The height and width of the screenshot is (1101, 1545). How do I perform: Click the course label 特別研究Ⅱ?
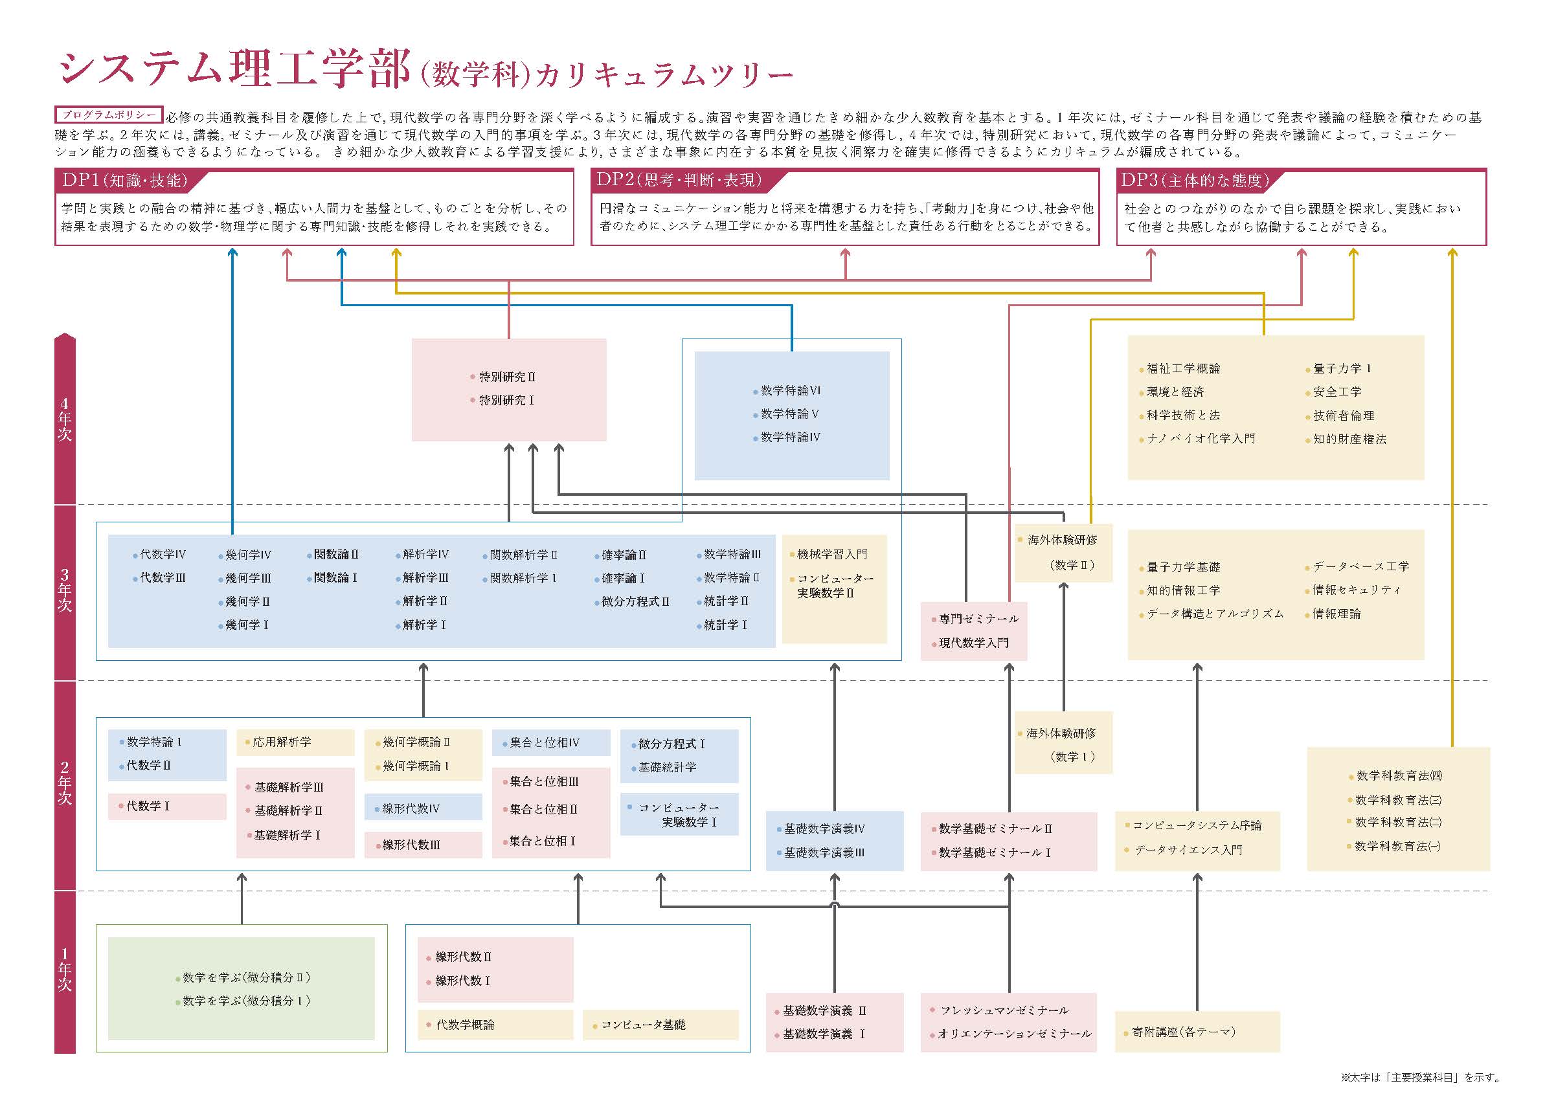point(507,377)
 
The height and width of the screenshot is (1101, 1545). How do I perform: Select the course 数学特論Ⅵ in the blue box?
point(790,390)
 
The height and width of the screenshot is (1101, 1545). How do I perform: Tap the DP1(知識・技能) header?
point(124,181)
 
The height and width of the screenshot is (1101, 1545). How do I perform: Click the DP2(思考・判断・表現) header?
point(679,181)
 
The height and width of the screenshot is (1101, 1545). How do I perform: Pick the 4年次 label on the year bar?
point(65,419)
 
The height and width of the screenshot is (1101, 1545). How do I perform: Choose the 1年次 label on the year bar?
point(65,970)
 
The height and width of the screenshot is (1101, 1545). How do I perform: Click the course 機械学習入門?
point(831,555)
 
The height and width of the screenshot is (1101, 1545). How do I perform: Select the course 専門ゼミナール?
point(978,619)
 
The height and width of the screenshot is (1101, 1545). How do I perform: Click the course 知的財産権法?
point(1349,439)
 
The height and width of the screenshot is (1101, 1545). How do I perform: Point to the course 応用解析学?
point(282,742)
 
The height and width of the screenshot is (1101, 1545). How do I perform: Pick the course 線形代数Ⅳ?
point(411,808)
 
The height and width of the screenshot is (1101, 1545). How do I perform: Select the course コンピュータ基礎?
point(643,1025)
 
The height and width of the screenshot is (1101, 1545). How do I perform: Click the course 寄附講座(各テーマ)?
point(1184,1032)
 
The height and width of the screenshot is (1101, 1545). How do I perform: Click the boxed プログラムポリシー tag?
point(109,115)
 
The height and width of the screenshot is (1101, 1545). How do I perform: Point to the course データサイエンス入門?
point(1188,850)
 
